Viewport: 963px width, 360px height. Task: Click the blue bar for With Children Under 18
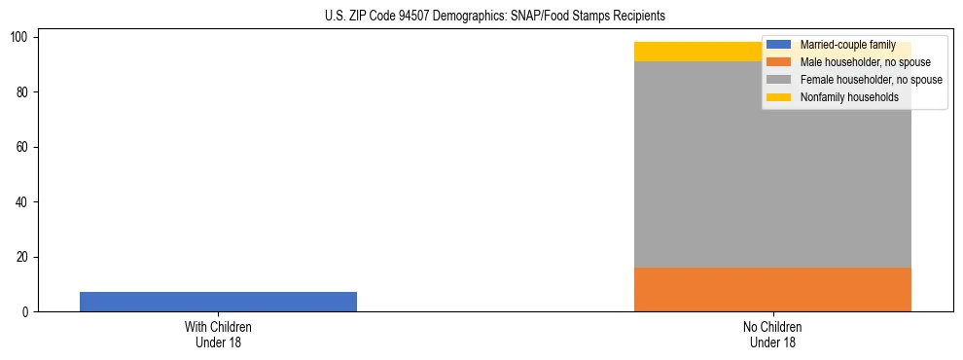tap(218, 302)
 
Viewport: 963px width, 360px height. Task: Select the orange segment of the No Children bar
tap(772, 289)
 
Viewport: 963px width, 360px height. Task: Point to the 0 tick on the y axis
tap(28, 312)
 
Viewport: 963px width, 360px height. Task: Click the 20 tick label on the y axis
tap(25, 257)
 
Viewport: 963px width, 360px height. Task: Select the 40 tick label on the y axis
tap(25, 202)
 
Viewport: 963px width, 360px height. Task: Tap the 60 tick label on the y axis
tap(25, 147)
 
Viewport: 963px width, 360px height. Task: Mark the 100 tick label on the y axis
tap(22, 37)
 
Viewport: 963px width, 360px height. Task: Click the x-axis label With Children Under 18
tap(218, 334)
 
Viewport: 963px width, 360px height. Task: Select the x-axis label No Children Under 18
tap(772, 334)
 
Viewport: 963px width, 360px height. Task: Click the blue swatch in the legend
tap(778, 45)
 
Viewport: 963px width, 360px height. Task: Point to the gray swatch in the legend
tap(778, 80)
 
